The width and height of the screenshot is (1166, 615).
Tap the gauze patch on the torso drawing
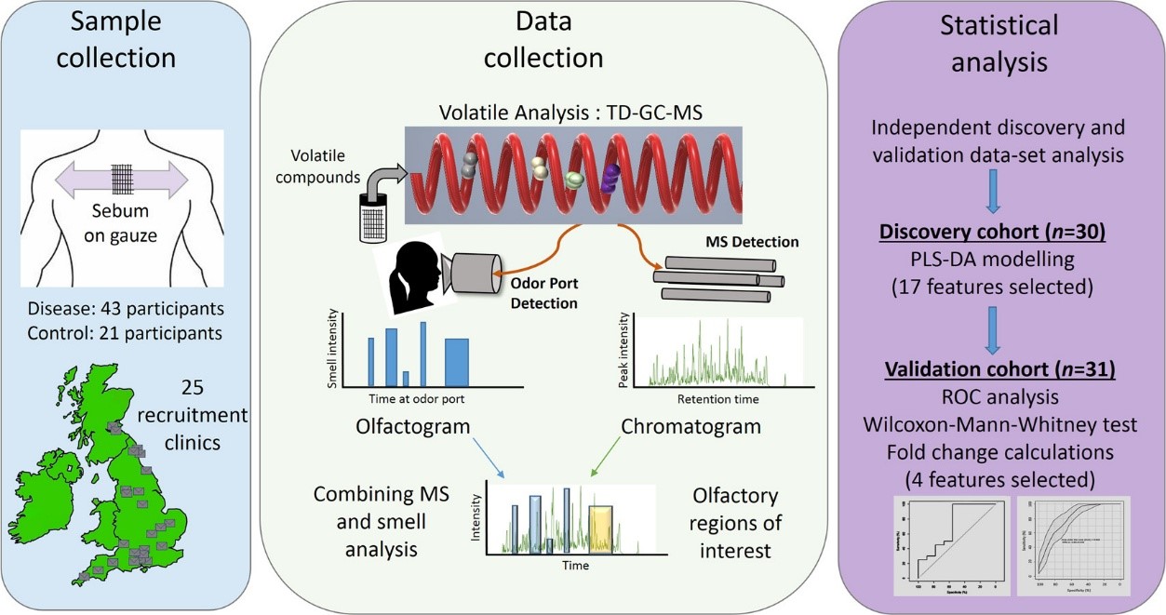tap(125, 178)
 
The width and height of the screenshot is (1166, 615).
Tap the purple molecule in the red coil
tap(611, 178)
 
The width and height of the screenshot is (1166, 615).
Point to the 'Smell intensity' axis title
tap(332, 351)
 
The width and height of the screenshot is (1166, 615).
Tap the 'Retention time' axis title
tap(712, 398)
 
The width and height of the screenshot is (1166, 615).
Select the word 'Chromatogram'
tap(690, 427)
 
